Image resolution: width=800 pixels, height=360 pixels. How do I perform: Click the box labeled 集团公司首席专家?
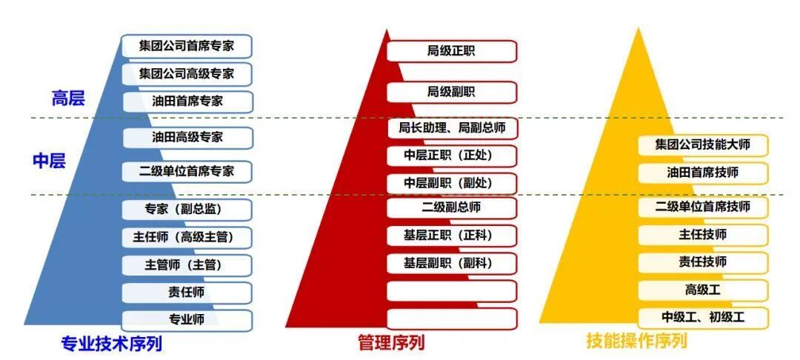[x=187, y=46]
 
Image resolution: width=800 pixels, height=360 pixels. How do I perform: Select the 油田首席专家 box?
[x=187, y=101]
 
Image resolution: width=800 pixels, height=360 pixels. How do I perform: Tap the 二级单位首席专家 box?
[x=187, y=171]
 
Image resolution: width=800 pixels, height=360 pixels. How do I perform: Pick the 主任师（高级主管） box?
[x=187, y=237]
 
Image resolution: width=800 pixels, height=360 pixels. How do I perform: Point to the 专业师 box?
[x=187, y=319]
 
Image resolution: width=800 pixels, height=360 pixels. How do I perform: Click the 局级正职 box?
[x=451, y=51]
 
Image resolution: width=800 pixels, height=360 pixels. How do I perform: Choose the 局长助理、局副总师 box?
[x=451, y=128]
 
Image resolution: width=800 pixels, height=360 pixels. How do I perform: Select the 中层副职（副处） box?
[x=451, y=183]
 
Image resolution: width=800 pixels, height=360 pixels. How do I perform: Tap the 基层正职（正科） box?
[x=451, y=236]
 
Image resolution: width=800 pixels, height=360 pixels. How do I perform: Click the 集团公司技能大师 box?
[x=702, y=144]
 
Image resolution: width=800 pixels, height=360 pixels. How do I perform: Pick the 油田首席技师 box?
[x=702, y=173]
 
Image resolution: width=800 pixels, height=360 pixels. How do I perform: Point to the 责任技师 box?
[x=702, y=261]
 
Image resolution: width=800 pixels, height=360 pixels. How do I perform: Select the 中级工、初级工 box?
[x=702, y=317]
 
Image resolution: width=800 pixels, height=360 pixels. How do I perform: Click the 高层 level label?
[x=68, y=98]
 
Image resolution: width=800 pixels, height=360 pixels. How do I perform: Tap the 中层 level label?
[x=50, y=161]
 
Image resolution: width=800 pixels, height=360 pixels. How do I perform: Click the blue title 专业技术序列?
[x=111, y=343]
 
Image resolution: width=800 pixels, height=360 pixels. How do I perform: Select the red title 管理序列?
[x=390, y=342]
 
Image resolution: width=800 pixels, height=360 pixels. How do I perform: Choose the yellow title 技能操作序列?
[x=637, y=341]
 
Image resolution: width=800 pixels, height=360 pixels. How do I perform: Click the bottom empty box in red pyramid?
[x=451, y=319]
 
